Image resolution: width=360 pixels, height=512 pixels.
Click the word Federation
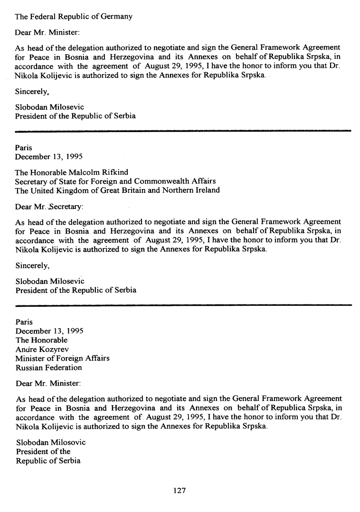coord(64,367)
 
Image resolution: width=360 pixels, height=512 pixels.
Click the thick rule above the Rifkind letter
coord(183,130)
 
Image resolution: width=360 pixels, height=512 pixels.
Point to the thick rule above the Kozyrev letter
coord(183,304)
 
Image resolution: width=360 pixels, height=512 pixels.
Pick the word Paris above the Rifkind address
coord(24,148)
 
